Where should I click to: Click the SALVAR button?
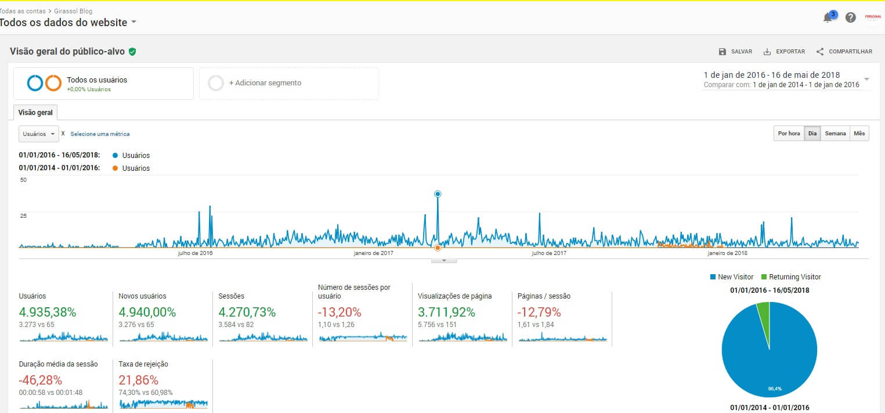click(x=735, y=52)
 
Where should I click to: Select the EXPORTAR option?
click(x=784, y=52)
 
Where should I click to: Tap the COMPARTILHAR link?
click(x=844, y=52)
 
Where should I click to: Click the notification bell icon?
click(x=828, y=17)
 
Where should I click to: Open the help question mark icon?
click(x=851, y=17)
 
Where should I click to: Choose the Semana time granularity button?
click(x=835, y=134)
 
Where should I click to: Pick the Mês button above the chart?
click(x=859, y=134)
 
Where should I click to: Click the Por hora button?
click(x=789, y=134)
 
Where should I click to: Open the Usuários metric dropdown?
click(x=39, y=134)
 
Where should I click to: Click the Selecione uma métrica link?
click(x=100, y=134)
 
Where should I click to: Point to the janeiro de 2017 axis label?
click(x=374, y=253)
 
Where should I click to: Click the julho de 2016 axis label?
click(x=195, y=253)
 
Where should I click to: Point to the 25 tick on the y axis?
click(x=23, y=216)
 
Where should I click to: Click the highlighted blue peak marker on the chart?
click(x=438, y=194)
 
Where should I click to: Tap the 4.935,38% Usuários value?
click(x=48, y=312)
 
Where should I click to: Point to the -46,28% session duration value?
click(x=41, y=380)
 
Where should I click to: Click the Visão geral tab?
click(x=36, y=113)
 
